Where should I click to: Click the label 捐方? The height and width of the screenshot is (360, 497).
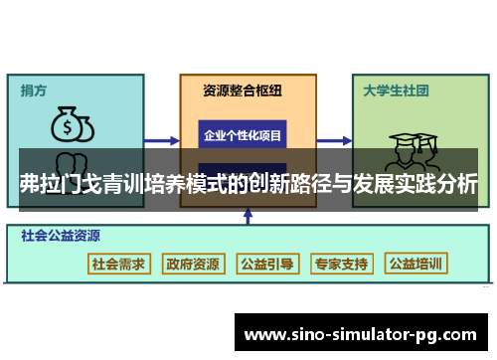click(x=33, y=90)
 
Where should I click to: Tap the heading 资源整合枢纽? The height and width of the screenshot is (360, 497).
click(x=242, y=90)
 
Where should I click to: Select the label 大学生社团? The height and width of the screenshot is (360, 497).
click(x=396, y=90)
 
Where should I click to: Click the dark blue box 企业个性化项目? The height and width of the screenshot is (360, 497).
click(x=243, y=133)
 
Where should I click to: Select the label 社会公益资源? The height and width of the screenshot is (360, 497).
click(x=61, y=237)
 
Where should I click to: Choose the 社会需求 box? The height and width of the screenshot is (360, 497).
click(x=119, y=264)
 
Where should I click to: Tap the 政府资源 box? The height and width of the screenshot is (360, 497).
click(x=193, y=264)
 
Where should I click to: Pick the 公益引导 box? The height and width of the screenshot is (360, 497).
click(x=266, y=264)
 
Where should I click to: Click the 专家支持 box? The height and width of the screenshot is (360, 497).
click(x=341, y=264)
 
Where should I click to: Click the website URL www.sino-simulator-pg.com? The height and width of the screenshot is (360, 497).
click(x=364, y=332)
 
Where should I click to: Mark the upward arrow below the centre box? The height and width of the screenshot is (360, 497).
click(x=243, y=218)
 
